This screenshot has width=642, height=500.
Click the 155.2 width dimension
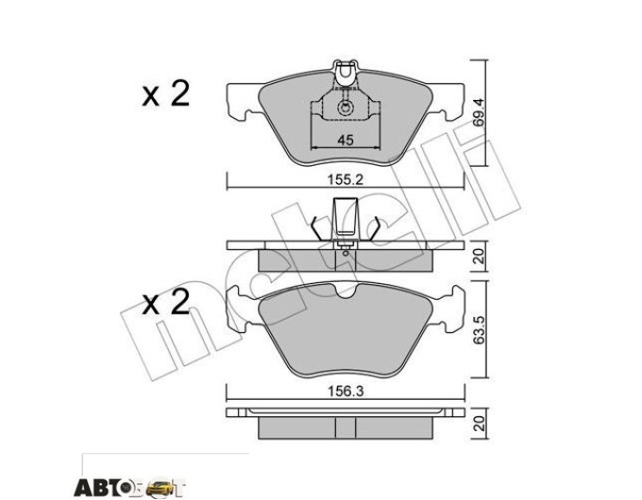(x=346, y=179)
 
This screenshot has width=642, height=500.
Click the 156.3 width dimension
(x=346, y=392)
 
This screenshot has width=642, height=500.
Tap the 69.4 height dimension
(x=479, y=112)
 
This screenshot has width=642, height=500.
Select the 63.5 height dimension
(x=479, y=329)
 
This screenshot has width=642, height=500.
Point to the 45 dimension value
(x=346, y=141)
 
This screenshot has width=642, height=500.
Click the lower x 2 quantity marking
(x=166, y=303)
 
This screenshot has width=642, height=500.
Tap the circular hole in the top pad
(x=345, y=108)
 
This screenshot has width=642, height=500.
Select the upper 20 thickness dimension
(x=479, y=257)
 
